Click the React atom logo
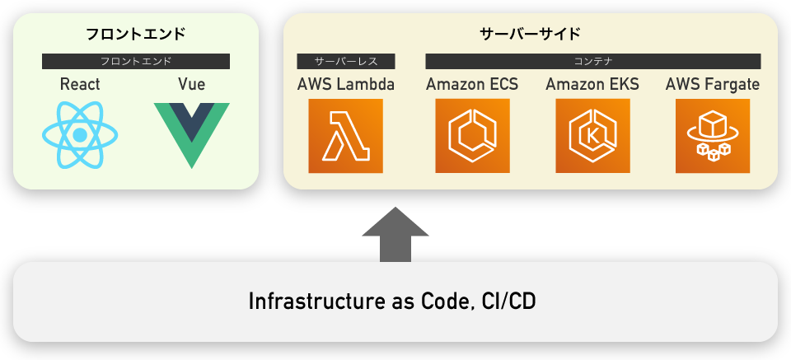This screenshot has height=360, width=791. coord(80,135)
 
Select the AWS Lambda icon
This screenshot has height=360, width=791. coord(346,136)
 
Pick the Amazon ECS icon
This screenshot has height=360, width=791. coord(472,136)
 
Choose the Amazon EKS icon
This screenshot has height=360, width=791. coord(592,136)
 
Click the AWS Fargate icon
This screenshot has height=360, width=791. coord(713,136)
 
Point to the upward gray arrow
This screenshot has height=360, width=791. coord(395,235)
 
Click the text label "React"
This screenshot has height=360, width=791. coord(80,85)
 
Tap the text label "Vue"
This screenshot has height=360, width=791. coord(191,85)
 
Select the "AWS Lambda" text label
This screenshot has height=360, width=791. coord(346,85)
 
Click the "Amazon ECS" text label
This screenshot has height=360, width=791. coord(472,85)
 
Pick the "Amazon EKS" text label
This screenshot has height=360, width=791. coord(592,85)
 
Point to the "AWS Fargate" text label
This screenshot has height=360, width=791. coord(713,85)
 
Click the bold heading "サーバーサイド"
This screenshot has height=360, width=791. coord(530,35)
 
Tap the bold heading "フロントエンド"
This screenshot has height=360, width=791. coord(136,35)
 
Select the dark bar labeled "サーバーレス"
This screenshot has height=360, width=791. coord(346,61)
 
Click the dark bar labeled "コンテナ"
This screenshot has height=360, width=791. coord(593,61)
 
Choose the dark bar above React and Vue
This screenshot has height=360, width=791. coord(136,61)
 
